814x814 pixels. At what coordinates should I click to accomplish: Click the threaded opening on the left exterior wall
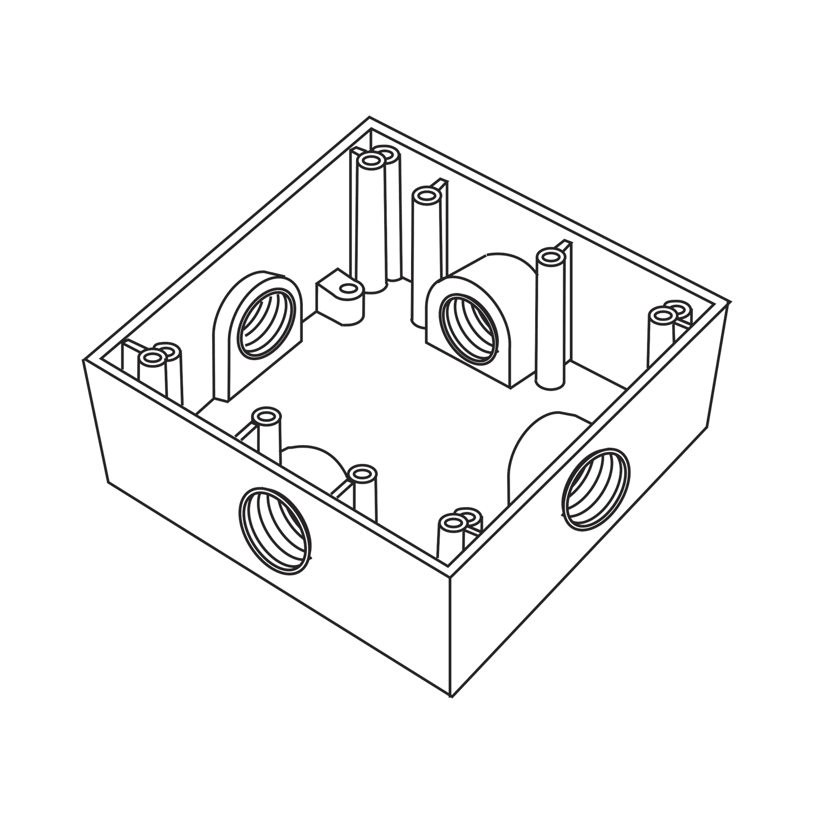coord(275,532)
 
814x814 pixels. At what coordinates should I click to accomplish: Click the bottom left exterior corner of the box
coord(108,483)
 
